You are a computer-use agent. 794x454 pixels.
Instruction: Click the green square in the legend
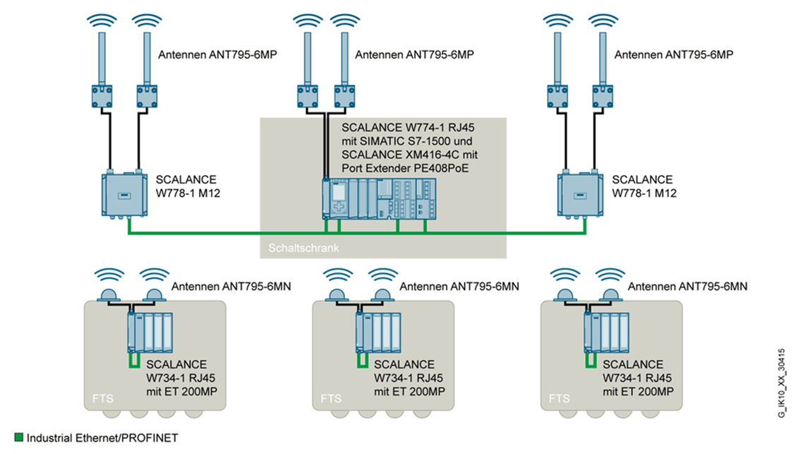19,438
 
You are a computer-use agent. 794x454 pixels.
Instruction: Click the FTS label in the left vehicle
103,398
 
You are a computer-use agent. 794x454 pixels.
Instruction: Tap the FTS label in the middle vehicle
331,398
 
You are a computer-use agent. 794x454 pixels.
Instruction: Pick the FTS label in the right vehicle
559,398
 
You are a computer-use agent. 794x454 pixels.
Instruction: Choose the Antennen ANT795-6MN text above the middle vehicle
459,286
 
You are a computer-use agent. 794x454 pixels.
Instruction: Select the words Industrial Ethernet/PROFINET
102,438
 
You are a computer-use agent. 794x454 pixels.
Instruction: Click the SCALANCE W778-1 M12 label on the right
644,186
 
